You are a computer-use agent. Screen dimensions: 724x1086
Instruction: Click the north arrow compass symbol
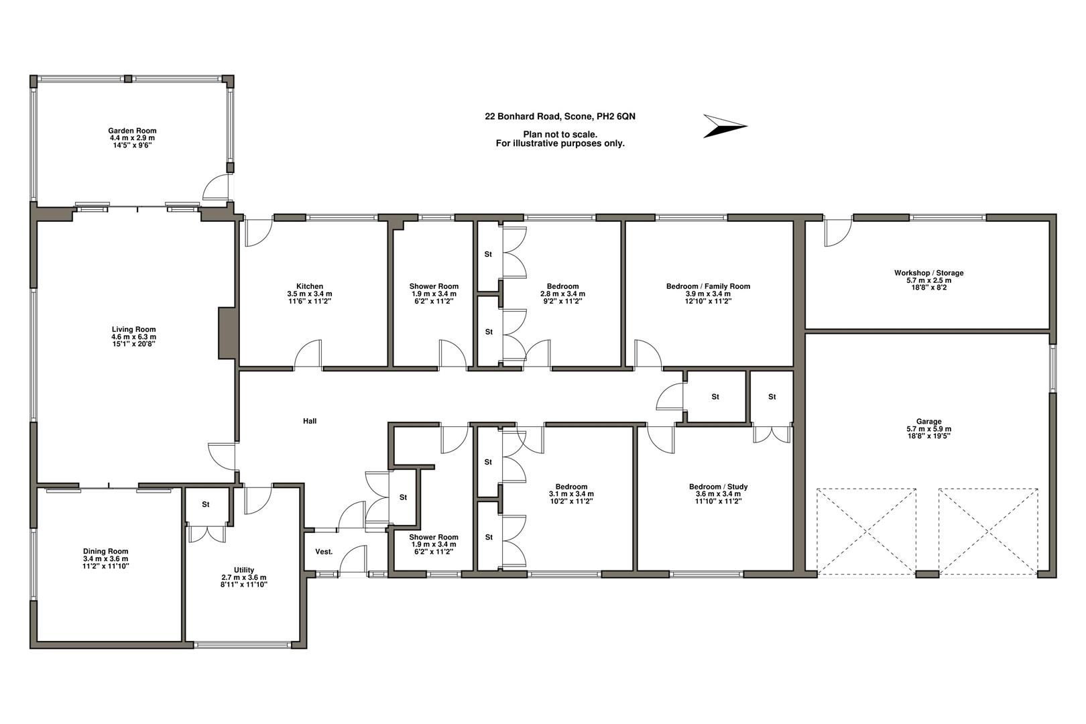pyautogui.click(x=723, y=126)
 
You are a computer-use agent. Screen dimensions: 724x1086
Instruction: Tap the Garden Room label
pyautogui.click(x=133, y=131)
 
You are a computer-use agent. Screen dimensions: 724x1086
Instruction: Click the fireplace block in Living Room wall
pyautogui.click(x=228, y=333)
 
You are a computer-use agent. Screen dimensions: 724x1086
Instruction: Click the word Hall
pyautogui.click(x=310, y=421)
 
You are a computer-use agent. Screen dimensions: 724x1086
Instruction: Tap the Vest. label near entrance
pyautogui.click(x=324, y=552)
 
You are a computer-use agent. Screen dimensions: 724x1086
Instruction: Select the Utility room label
pyautogui.click(x=244, y=570)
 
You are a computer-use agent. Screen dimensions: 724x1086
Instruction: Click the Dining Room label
pyautogui.click(x=105, y=552)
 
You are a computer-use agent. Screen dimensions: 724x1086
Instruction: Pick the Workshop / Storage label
pyautogui.click(x=928, y=273)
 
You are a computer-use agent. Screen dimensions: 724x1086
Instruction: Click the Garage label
pyautogui.click(x=928, y=422)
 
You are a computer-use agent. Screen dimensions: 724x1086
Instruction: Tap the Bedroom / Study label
pyautogui.click(x=718, y=487)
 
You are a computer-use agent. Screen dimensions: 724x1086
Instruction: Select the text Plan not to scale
pyautogui.click(x=560, y=134)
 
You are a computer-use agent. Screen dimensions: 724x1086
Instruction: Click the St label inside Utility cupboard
pyautogui.click(x=206, y=504)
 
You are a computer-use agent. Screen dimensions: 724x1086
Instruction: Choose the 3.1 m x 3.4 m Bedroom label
pyautogui.click(x=571, y=487)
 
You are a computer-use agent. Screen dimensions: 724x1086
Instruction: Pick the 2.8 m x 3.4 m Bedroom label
pyautogui.click(x=562, y=286)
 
